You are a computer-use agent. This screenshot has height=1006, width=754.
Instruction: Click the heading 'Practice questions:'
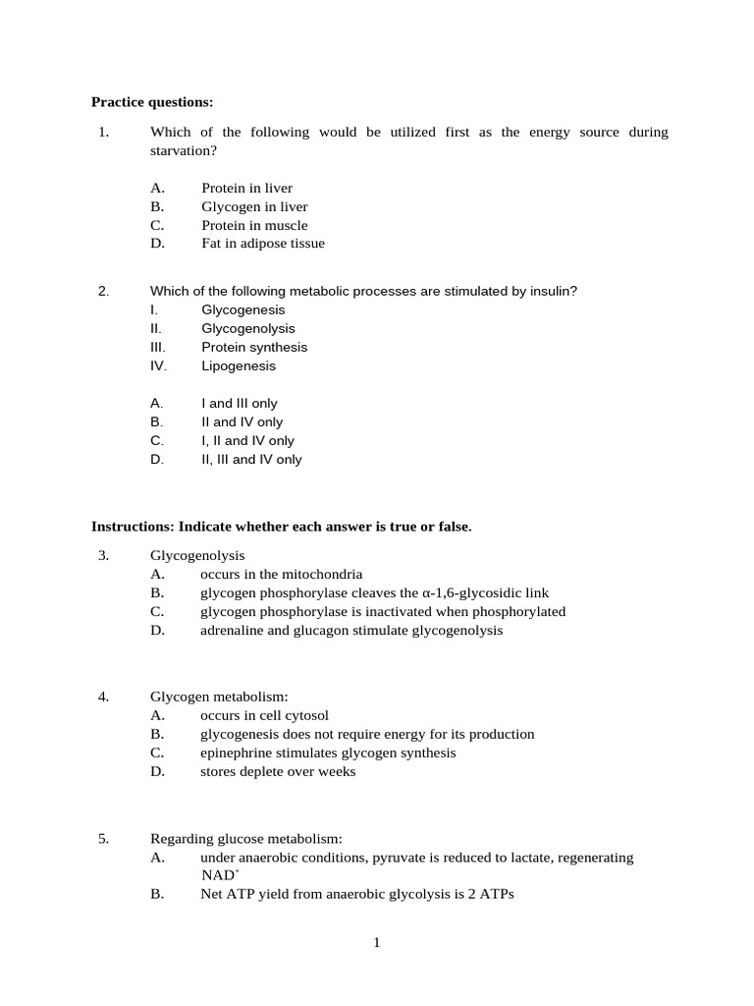pos(152,101)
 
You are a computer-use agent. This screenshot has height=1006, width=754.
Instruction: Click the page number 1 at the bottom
pos(376,943)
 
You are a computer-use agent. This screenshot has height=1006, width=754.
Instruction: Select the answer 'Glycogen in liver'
pos(254,207)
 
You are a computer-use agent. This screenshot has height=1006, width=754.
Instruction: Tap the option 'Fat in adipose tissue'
pos(263,244)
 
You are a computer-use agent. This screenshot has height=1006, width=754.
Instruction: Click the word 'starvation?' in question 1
pos(183,150)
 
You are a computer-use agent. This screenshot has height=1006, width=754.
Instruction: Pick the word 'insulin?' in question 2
pos(552,292)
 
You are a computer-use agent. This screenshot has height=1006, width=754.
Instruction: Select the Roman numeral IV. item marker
pos(158,366)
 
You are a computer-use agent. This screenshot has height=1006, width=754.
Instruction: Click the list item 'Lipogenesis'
pos(239,366)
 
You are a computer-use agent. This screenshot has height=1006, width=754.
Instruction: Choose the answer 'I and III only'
pos(240,404)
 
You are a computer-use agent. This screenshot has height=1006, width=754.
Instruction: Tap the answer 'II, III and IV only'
pos(251,460)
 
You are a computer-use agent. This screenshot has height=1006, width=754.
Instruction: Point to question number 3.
pos(103,556)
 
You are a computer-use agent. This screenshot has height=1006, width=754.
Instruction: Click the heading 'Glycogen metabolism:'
pos(219,698)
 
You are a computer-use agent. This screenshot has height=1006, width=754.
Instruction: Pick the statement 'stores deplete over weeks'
pos(278,772)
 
